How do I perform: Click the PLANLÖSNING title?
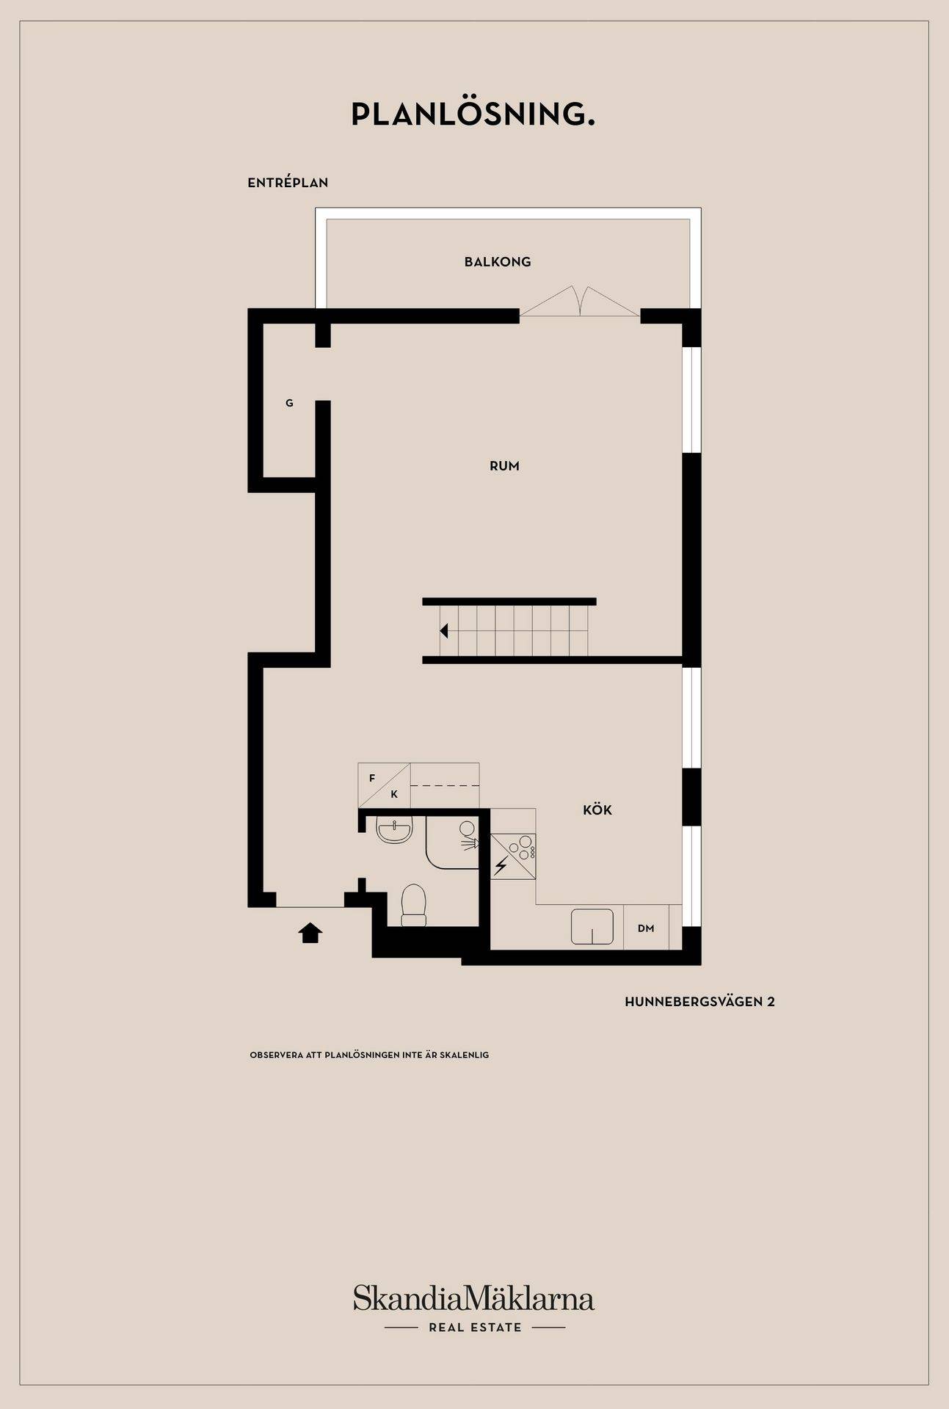pyautogui.click(x=473, y=114)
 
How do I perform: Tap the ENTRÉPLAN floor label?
pyautogui.click(x=288, y=183)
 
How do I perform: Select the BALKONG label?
pyautogui.click(x=498, y=262)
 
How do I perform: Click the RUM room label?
pyautogui.click(x=504, y=466)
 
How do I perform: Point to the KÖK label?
pyautogui.click(x=597, y=810)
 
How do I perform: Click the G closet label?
pyautogui.click(x=289, y=403)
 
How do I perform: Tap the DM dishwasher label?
pyautogui.click(x=646, y=928)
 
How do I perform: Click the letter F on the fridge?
pyautogui.click(x=372, y=778)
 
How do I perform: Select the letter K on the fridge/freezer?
pyautogui.click(x=394, y=794)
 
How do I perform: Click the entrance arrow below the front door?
pyautogui.click(x=310, y=933)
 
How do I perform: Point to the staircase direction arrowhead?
pyautogui.click(x=444, y=630)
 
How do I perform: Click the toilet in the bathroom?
pyautogui.click(x=414, y=905)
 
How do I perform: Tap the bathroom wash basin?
pyautogui.click(x=395, y=831)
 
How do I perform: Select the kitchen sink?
pyautogui.click(x=592, y=926)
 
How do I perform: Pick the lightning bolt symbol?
pyautogui.click(x=501, y=867)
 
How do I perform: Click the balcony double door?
pyautogui.click(x=580, y=302)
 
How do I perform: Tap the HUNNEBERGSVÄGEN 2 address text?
pyautogui.click(x=699, y=1002)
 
